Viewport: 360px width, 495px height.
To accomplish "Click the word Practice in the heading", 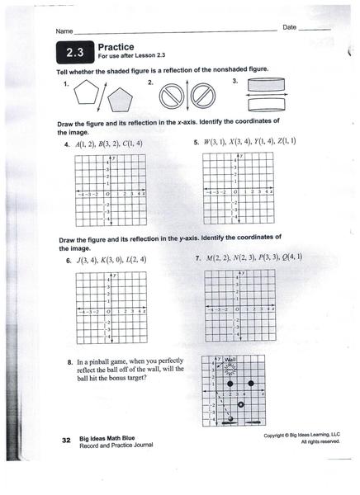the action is click(116, 48).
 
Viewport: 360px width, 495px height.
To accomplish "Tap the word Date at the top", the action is click(290, 28).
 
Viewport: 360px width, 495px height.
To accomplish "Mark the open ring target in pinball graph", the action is click(240, 405).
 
